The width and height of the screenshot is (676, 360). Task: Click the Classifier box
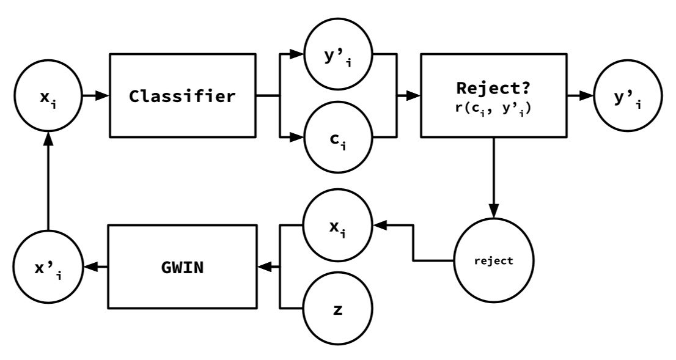coord(182,96)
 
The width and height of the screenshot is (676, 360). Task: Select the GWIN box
coord(182,267)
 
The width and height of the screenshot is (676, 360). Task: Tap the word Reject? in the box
coord(493,87)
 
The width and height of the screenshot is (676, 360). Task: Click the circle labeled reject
coord(493,260)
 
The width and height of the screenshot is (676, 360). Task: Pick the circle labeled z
coord(338,309)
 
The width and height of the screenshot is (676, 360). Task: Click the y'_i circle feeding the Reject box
coord(338,54)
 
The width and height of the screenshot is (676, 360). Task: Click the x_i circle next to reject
coord(338,226)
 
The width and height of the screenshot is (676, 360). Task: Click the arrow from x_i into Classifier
coord(95,96)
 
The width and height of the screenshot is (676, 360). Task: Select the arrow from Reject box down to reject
coord(493,177)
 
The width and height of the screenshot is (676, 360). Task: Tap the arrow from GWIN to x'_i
coord(95,267)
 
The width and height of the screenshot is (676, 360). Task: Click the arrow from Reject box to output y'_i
coord(580,96)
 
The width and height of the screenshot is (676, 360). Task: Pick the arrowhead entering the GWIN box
coord(265,267)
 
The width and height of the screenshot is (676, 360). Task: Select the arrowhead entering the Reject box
coord(413,96)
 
